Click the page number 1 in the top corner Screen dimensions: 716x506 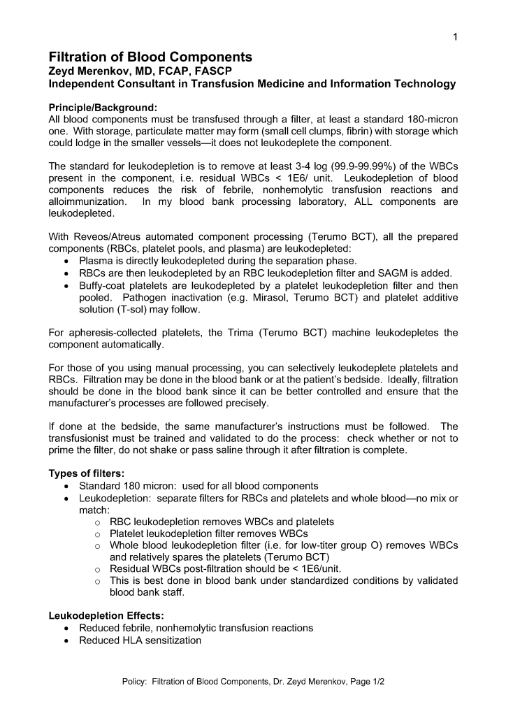click(x=455, y=37)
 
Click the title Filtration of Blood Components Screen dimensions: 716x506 click(x=150, y=57)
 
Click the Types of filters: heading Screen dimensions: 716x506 click(x=87, y=473)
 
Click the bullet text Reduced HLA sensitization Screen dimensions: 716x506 click(x=140, y=640)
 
